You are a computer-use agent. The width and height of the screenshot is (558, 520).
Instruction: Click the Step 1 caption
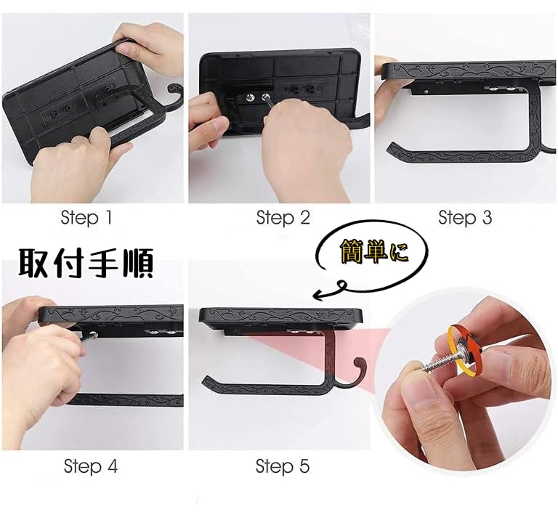[86, 217]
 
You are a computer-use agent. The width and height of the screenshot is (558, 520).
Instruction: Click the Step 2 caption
[283, 217]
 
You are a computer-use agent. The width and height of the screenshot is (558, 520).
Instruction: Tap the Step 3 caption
[466, 217]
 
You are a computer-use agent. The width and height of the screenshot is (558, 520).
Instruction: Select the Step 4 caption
[90, 466]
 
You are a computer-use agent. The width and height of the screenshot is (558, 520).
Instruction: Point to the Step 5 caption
[283, 466]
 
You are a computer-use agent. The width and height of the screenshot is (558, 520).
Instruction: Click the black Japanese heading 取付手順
[85, 265]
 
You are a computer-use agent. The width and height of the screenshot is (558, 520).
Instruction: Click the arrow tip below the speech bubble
[315, 295]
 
